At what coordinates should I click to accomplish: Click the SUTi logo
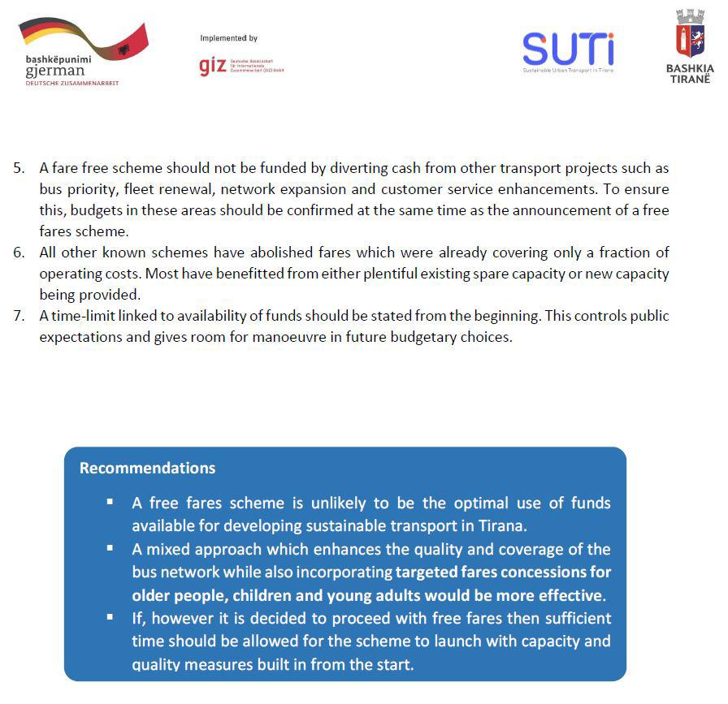point(568,50)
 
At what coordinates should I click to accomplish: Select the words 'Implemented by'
point(228,38)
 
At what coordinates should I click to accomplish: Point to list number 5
point(19,169)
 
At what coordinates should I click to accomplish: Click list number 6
point(19,253)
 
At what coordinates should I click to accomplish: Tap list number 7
point(19,316)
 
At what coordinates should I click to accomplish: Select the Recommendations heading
point(147,469)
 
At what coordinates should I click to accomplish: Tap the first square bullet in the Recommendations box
point(110,502)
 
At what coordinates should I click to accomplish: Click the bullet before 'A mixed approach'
point(110,548)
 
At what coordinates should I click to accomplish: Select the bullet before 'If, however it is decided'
point(110,617)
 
